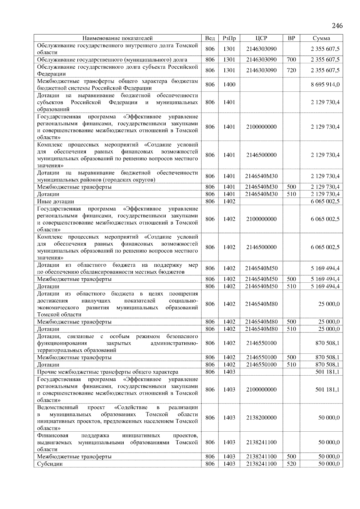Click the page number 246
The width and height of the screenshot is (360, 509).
point(337,25)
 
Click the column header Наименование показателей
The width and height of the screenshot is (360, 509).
point(117,38)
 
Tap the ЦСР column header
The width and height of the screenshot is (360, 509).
point(261,38)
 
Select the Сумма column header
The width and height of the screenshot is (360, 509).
point(321,38)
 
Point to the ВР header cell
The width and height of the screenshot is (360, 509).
point(291,38)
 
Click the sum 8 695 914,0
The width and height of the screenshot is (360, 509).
point(325,85)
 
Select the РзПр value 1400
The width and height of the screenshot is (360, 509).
point(229,85)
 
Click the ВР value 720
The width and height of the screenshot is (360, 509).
point(291,70)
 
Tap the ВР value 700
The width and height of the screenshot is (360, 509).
point(291,60)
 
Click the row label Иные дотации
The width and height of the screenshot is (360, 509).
point(55,201)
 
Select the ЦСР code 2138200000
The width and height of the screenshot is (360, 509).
point(261,418)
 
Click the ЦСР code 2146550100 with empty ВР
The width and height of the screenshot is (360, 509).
point(261,343)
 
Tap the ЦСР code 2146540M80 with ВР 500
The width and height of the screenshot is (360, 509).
point(261,322)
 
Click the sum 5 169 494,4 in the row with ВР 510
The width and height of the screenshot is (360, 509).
point(325,286)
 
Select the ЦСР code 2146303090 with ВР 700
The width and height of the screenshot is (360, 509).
point(261,60)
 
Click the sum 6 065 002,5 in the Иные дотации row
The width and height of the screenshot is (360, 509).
point(325,201)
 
